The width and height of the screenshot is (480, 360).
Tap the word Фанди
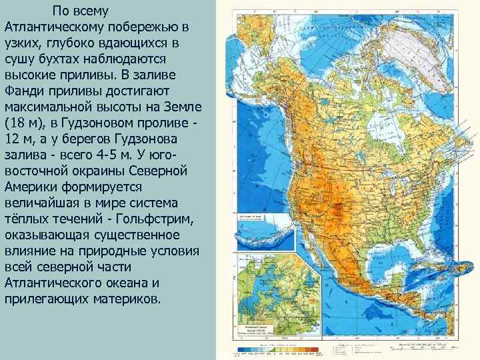pyautogui.click(x=25, y=90)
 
